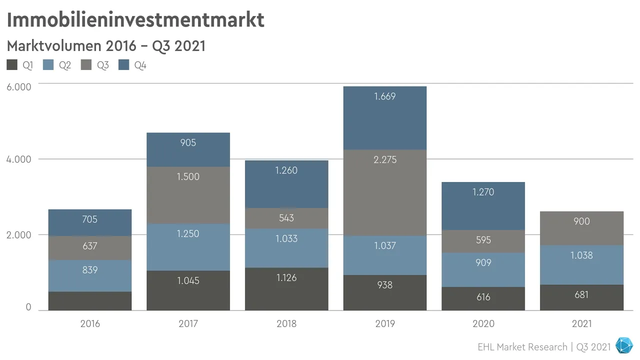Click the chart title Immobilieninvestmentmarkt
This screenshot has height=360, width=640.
coord(135,20)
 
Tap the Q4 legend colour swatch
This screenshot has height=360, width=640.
coord(124,65)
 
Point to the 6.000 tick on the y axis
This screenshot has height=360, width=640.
coord(18,87)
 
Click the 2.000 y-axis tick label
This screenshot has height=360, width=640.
coord(18,234)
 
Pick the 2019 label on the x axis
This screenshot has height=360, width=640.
coord(385,323)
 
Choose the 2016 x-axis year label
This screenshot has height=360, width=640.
coord(90,323)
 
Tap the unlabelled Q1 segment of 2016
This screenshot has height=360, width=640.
coord(90,300)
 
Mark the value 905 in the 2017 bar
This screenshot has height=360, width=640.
coord(188,143)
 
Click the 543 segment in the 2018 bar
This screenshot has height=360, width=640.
coord(286,218)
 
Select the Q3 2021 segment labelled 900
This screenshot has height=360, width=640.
coord(581,221)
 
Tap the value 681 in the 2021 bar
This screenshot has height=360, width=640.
coord(581,295)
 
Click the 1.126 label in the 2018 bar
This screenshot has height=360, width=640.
coord(286,278)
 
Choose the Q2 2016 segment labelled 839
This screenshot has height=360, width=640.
coord(90,270)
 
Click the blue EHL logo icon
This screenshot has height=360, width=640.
coord(623,346)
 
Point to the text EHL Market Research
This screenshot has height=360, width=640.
coord(522,346)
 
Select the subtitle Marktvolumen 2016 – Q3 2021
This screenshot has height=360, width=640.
coord(106,46)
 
